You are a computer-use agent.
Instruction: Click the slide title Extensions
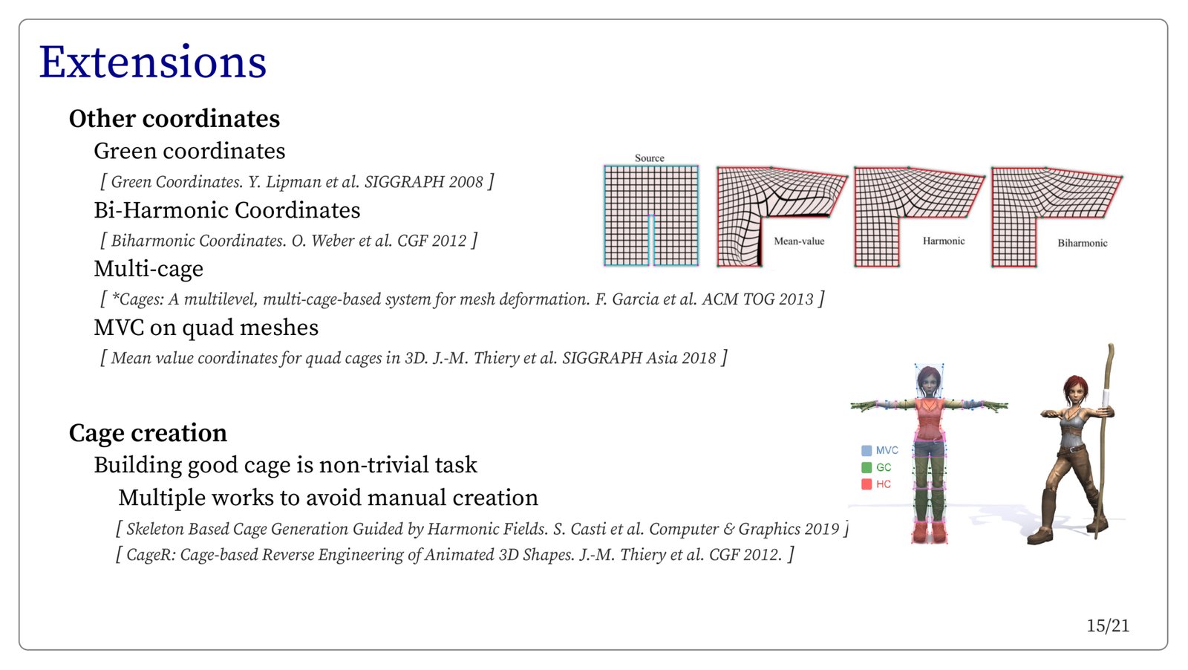point(153,62)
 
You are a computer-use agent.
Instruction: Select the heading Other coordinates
point(174,118)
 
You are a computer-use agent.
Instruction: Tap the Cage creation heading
point(148,433)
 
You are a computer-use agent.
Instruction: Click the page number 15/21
point(1108,626)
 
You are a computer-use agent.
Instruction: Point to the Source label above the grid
point(649,158)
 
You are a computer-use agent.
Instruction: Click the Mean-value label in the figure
point(799,241)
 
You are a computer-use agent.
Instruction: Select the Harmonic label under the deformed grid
point(944,241)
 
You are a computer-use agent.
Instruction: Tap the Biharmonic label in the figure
point(1083,243)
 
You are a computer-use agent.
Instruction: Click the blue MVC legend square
point(866,450)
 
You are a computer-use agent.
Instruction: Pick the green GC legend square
point(866,467)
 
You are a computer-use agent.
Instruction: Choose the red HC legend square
point(866,484)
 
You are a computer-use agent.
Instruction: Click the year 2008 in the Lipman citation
point(466,182)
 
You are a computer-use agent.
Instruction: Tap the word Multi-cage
point(148,269)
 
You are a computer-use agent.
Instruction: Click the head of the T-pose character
point(929,380)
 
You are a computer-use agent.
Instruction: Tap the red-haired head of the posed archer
point(1075,390)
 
